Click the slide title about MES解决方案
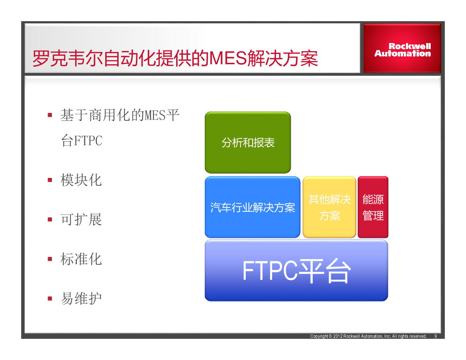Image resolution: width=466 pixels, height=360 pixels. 175,58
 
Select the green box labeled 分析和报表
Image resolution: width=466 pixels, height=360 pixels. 248,142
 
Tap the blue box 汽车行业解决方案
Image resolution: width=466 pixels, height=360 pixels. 252,207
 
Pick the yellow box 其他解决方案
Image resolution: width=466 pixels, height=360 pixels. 329,207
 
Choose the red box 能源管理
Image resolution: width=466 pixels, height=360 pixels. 373,207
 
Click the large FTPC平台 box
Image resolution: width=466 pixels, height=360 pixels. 297,270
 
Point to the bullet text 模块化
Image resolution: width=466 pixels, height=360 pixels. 81,180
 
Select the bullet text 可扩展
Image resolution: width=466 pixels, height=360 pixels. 81,220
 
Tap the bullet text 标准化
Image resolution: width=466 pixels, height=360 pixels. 81,259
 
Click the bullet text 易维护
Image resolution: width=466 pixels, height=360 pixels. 81,299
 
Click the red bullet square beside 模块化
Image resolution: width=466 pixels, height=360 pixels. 50,180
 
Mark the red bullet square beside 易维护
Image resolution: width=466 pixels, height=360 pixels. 50,299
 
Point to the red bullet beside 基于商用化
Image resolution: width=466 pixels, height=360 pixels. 50,115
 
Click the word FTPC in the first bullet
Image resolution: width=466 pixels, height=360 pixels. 88,141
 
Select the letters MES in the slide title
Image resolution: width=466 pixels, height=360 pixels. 228,58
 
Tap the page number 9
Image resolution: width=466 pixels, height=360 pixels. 436,336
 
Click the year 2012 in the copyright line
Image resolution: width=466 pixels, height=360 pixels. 338,336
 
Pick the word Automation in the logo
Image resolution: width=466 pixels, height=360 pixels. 402,53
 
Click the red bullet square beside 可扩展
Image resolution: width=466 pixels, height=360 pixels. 50,219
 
